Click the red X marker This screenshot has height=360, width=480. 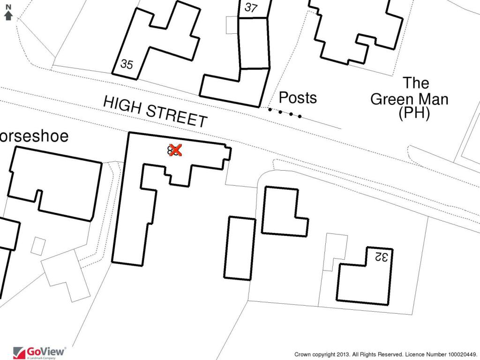coord(175,150)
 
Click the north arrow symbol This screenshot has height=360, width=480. coord(8,13)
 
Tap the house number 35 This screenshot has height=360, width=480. coord(127,64)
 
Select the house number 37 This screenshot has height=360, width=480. coord(251,7)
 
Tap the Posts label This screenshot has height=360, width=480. coord(298,97)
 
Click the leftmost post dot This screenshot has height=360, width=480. coord(270,110)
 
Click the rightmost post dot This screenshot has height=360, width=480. coord(300,116)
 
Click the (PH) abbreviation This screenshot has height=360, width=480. coord(414,113)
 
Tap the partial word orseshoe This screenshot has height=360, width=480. coord(34,136)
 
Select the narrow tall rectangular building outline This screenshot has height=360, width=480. coord(240,248)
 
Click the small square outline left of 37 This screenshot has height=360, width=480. coord(232,25)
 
